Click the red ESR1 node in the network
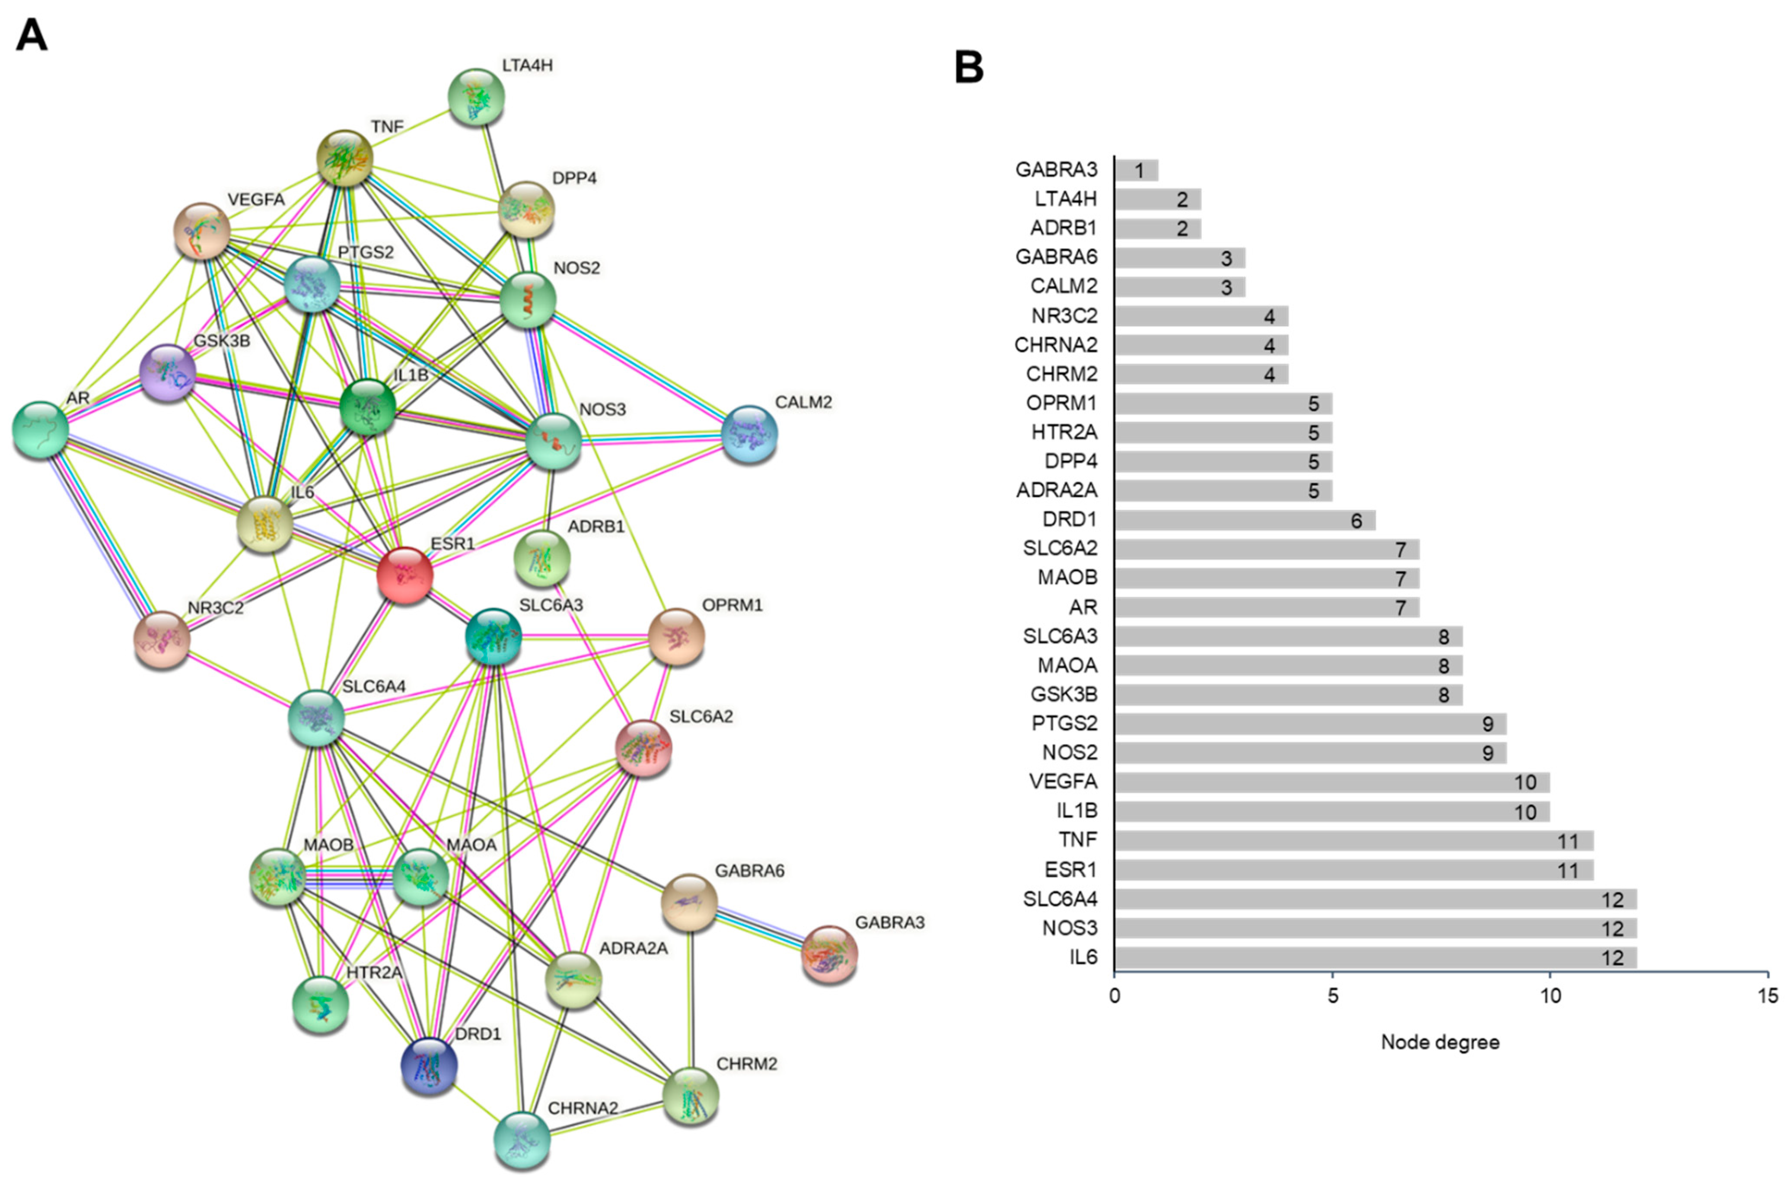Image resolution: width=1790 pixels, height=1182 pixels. [405, 575]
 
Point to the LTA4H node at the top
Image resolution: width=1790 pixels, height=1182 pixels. [476, 96]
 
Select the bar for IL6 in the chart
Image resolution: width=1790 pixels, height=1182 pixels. [1375, 957]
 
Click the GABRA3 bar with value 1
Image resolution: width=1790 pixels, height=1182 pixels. [1136, 170]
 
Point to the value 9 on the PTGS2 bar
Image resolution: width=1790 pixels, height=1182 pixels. [1487, 724]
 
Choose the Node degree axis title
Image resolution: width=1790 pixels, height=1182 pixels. [1440, 1042]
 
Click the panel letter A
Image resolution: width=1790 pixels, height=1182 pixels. [32, 35]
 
